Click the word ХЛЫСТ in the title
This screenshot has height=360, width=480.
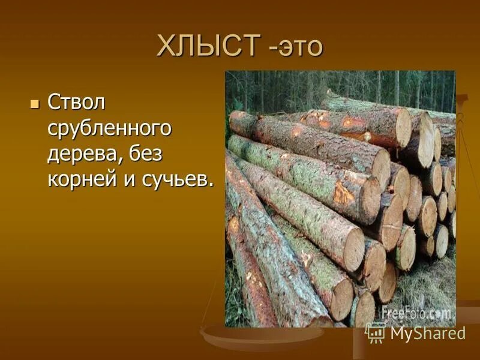(x=208, y=46)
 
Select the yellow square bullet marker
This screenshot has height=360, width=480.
(x=34, y=103)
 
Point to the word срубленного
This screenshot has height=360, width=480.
(x=110, y=128)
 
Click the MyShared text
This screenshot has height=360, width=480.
(x=428, y=333)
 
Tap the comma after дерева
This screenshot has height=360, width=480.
(x=124, y=160)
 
